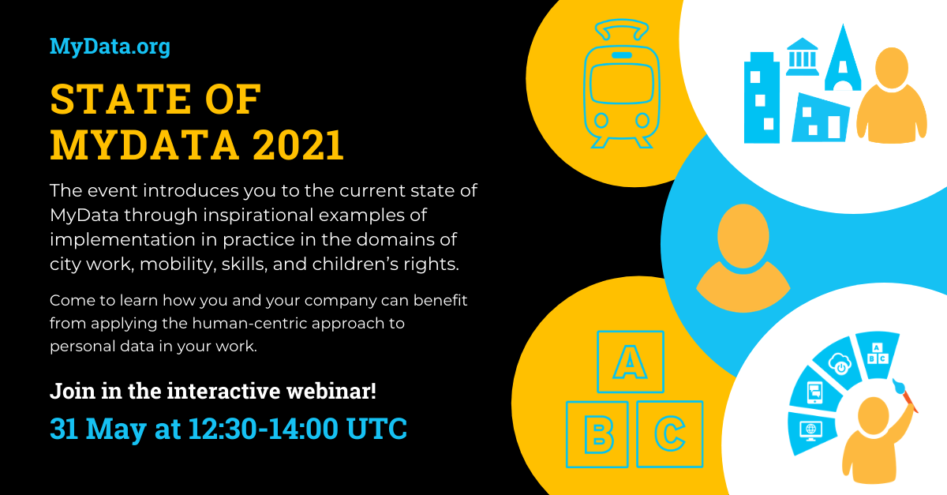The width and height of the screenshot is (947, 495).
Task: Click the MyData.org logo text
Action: click(110, 47)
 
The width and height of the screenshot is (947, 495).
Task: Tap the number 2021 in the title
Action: click(298, 145)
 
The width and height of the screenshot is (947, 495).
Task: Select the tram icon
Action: click(622, 84)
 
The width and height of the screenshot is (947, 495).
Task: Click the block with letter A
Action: click(631, 362)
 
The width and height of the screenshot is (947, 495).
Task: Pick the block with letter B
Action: click(597, 434)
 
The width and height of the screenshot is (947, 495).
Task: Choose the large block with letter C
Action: click(670, 434)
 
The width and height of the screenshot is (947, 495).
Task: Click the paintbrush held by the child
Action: click(905, 396)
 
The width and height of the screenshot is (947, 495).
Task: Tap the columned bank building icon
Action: click(802, 57)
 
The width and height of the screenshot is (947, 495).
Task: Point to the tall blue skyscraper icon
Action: click(762, 97)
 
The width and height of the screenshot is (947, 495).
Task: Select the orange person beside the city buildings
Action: click(892, 96)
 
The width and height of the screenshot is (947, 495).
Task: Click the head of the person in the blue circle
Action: click(743, 235)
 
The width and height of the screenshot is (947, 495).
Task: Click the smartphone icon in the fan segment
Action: click(814, 392)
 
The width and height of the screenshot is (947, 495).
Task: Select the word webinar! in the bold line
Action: click(331, 391)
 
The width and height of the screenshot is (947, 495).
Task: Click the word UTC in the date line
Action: click(376, 429)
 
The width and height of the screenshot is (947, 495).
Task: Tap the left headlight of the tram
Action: click(601, 121)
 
